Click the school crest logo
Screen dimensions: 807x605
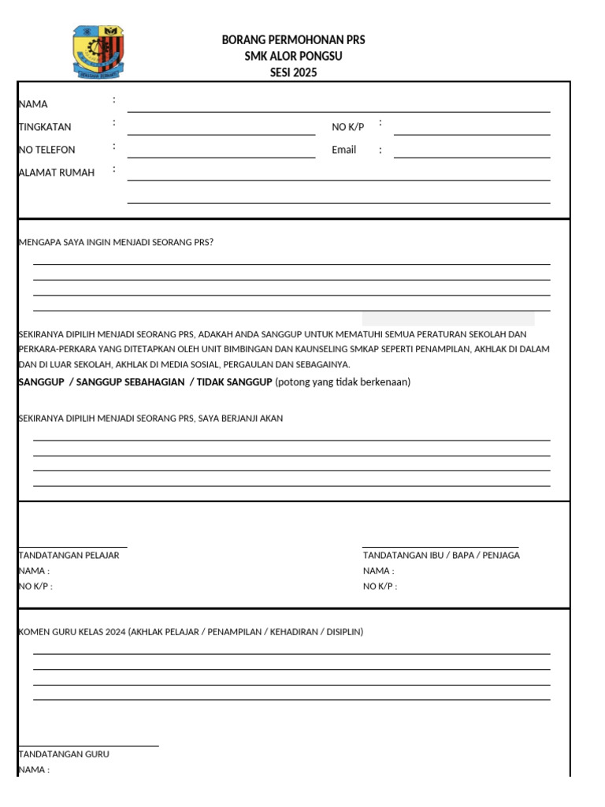coord(100,52)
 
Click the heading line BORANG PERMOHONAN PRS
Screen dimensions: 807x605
coord(294,40)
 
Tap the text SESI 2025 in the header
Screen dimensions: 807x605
coord(294,73)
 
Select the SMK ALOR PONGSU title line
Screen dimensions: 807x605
coord(294,57)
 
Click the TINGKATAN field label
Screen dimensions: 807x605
coord(45,127)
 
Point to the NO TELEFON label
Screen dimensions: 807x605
coord(47,150)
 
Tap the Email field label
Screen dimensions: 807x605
coord(343,150)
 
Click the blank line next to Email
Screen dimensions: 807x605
coord(471,155)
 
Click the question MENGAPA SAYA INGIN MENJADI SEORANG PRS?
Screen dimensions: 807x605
coord(116,243)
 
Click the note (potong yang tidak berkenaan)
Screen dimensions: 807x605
coord(343,382)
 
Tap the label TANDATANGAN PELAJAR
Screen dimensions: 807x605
coord(69,556)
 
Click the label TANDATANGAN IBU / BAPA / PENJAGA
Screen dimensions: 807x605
coord(440,556)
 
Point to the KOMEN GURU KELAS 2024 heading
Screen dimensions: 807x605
coord(191,632)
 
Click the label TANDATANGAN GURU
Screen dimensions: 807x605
coord(64,754)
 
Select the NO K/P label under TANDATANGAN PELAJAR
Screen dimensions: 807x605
coord(35,586)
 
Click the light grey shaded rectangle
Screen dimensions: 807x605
coord(447,318)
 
